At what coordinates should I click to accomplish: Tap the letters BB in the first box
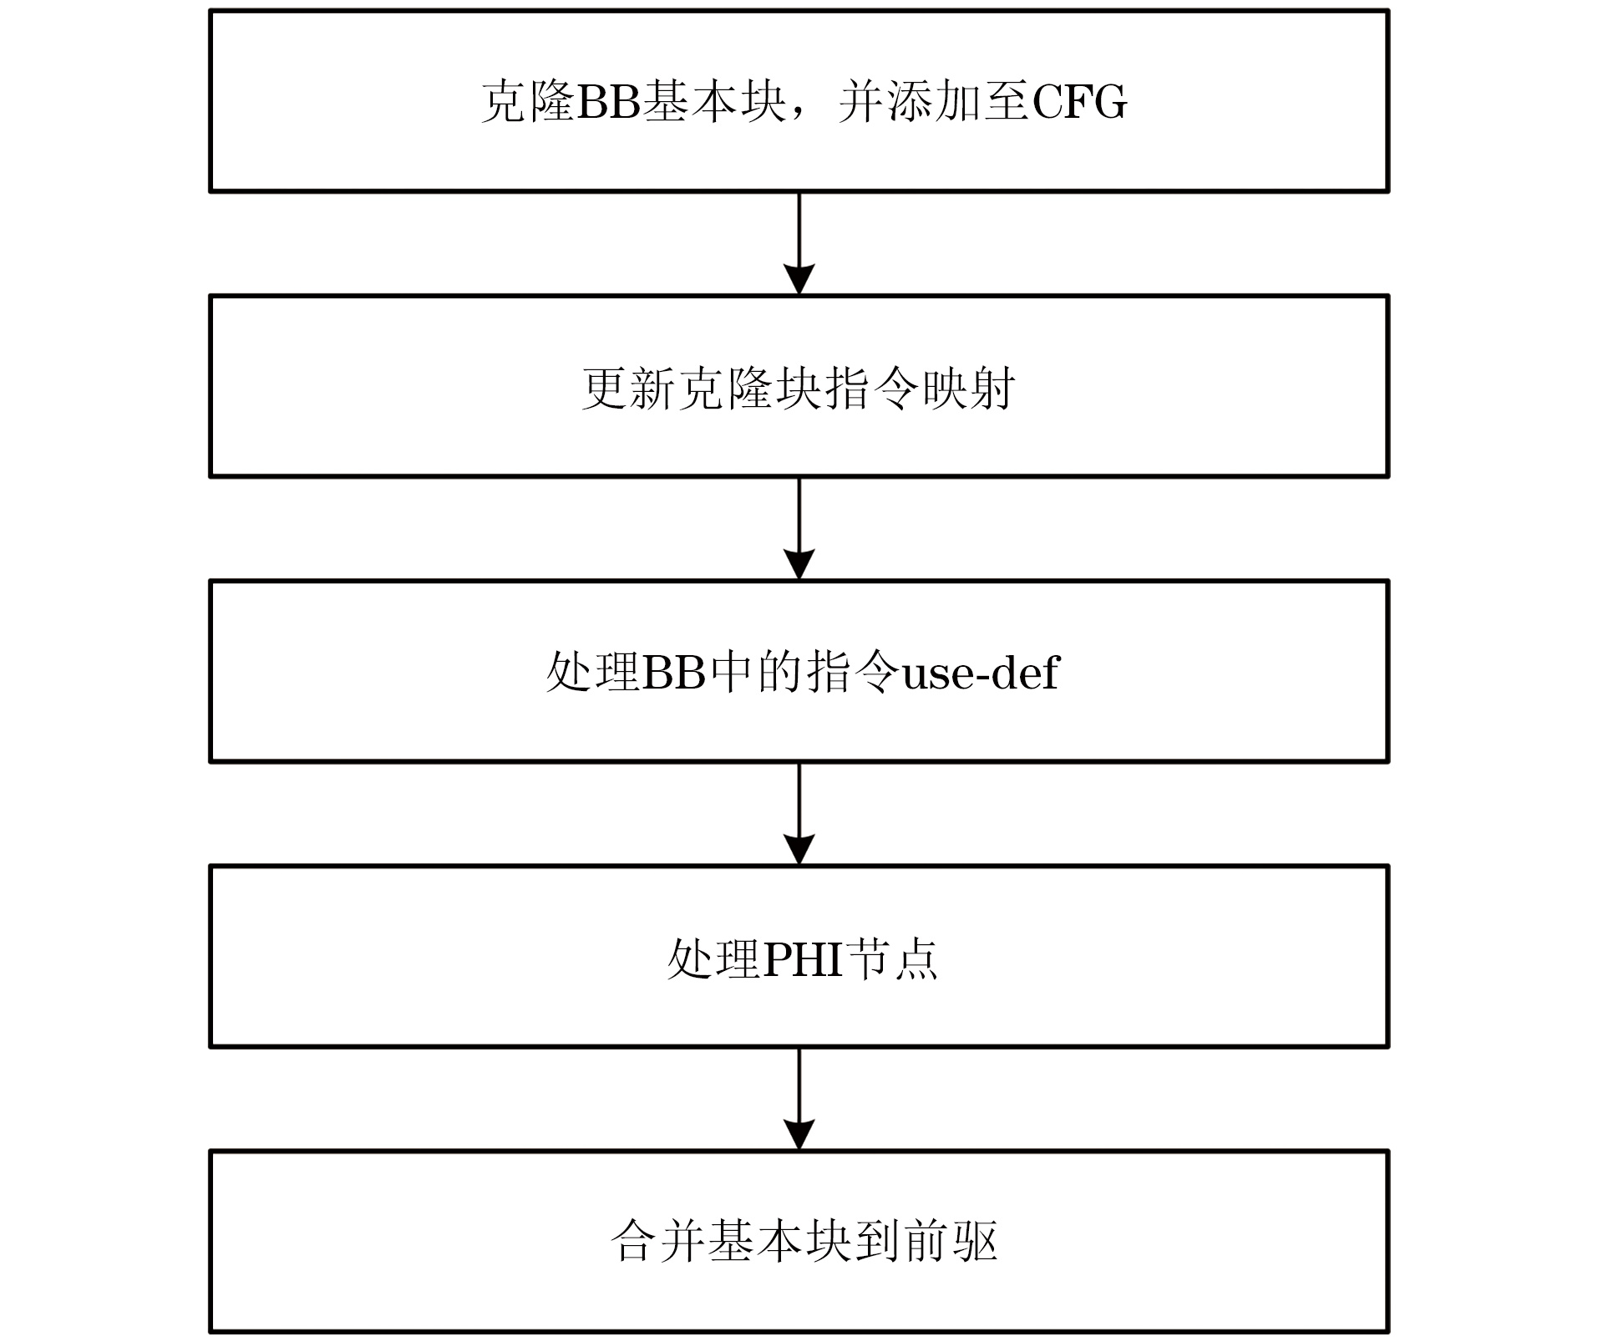point(608,103)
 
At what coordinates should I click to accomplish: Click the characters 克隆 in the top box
point(528,103)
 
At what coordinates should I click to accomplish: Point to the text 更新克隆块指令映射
point(799,388)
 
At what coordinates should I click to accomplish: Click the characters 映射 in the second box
point(969,388)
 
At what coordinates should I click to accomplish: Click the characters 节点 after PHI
point(892,958)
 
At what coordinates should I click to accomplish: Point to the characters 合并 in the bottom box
point(658,1243)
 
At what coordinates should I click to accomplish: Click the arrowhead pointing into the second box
point(799,279)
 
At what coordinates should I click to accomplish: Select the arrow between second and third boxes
point(799,529)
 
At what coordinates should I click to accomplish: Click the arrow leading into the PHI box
point(799,814)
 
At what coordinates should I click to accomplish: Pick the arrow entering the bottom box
point(799,1099)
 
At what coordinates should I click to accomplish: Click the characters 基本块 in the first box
point(714,103)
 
